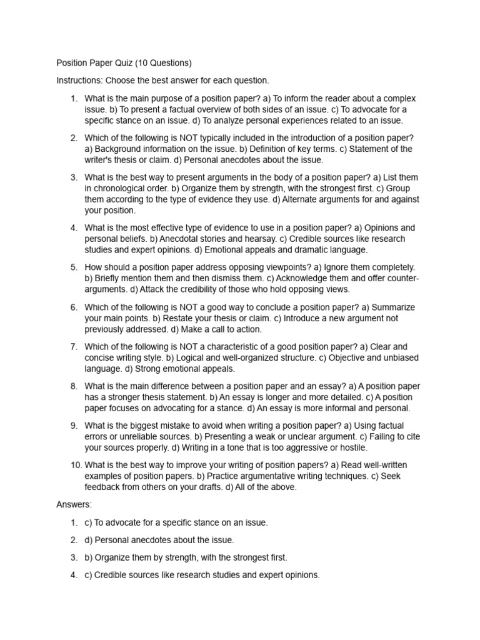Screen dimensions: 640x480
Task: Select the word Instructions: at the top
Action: pyautogui.click(x=79, y=81)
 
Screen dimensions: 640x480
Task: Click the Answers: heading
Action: pyautogui.click(x=74, y=504)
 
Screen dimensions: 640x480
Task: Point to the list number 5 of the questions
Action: pyautogui.click(x=74, y=267)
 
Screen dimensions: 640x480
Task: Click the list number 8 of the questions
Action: pyautogui.click(x=74, y=386)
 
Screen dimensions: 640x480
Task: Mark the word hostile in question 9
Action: pyautogui.click(x=351, y=447)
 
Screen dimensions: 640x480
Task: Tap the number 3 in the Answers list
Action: pyautogui.click(x=74, y=557)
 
